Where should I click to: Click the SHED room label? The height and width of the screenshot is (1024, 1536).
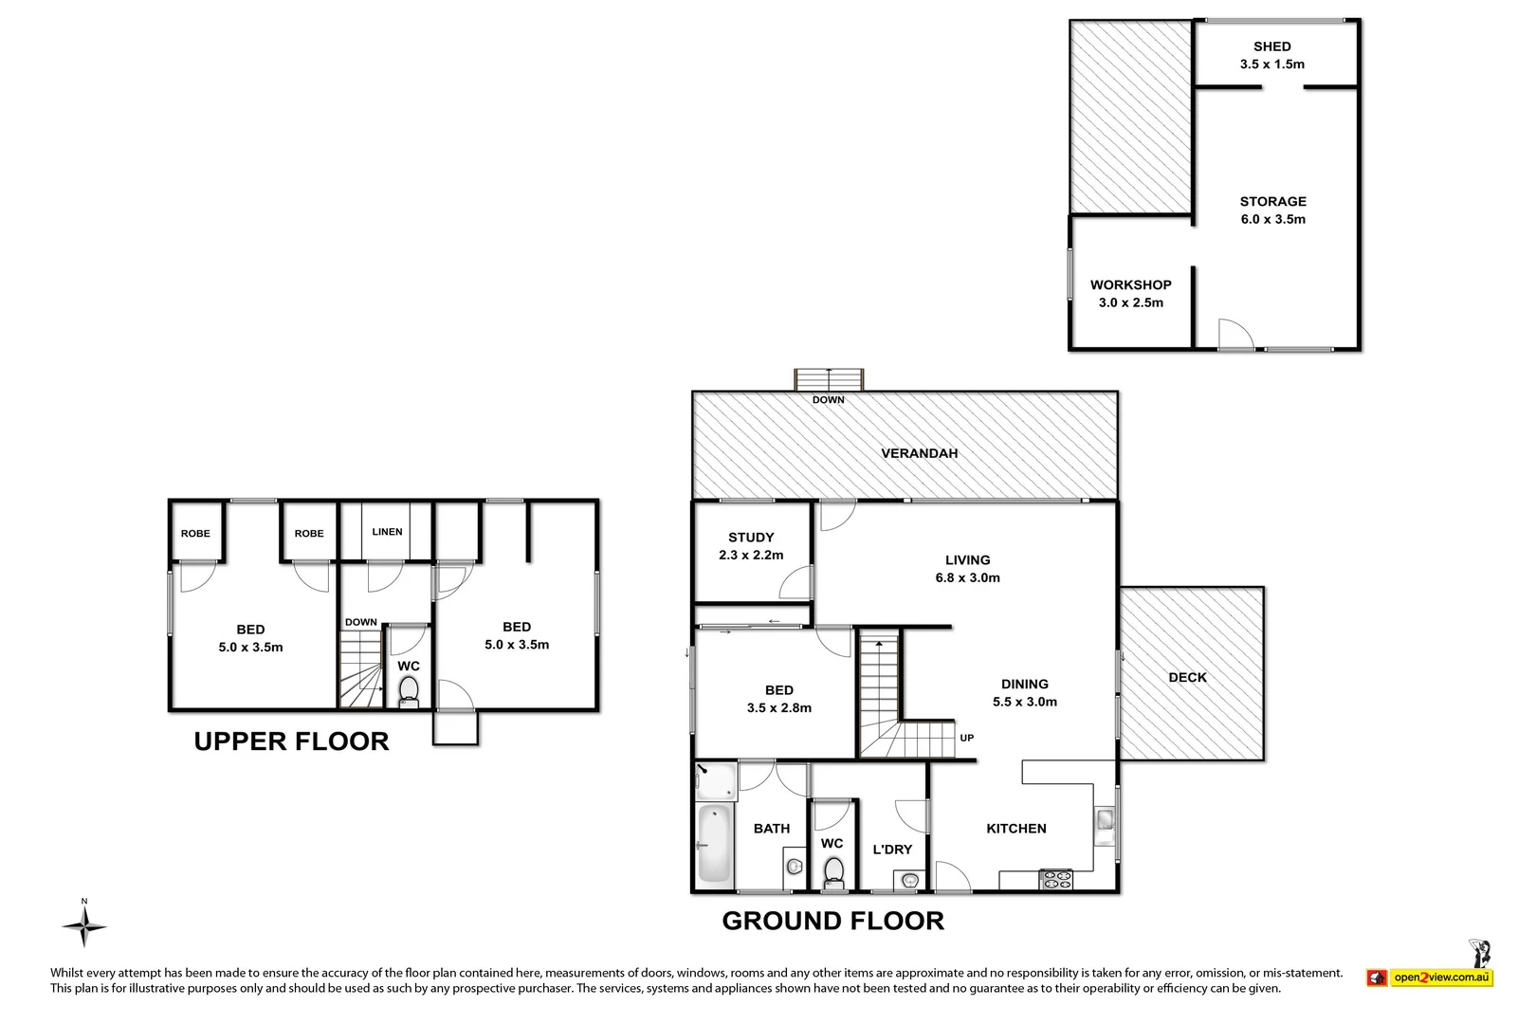1271,46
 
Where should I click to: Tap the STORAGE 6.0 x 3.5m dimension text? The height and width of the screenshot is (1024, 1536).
1272,219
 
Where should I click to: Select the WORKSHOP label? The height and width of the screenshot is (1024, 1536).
1130,284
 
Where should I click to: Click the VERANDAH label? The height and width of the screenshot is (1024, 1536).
919,453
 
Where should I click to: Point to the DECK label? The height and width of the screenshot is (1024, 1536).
1187,677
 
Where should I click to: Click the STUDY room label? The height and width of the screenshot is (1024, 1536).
751,537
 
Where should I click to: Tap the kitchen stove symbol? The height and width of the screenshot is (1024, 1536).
1055,879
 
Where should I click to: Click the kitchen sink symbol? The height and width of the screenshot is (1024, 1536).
1106,820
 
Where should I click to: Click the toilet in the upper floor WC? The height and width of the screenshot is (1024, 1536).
409,689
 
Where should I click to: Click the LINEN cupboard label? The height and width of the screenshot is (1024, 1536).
387,532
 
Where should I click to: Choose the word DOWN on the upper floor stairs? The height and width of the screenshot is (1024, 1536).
360,623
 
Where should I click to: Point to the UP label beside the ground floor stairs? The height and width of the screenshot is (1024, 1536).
966,738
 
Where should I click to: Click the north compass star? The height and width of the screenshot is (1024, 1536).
84,926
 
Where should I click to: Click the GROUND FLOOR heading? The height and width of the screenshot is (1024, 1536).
832,921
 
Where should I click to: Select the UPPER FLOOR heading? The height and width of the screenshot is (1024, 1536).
291,741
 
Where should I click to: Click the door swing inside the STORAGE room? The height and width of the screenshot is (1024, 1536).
1235,334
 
